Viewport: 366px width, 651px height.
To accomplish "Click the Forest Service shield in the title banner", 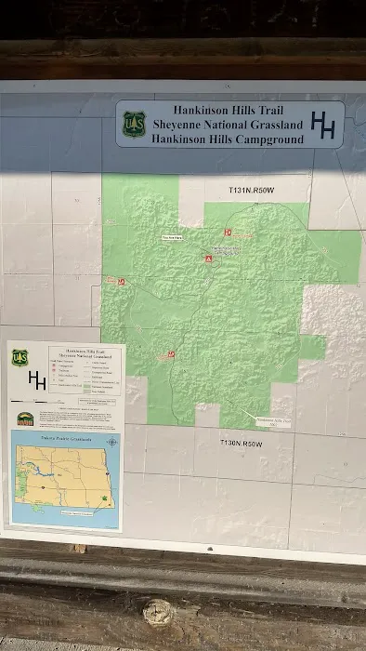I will [135, 124].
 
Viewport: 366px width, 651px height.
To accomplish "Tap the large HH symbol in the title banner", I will [322, 126].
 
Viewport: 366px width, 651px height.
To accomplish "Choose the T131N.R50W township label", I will [252, 190].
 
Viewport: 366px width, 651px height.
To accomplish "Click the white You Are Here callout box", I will [173, 237].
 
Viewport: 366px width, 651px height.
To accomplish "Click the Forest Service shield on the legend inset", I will [20, 357].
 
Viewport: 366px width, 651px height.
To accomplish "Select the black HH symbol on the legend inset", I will [37, 380].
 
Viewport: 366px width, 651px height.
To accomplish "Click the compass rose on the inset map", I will [112, 442].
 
